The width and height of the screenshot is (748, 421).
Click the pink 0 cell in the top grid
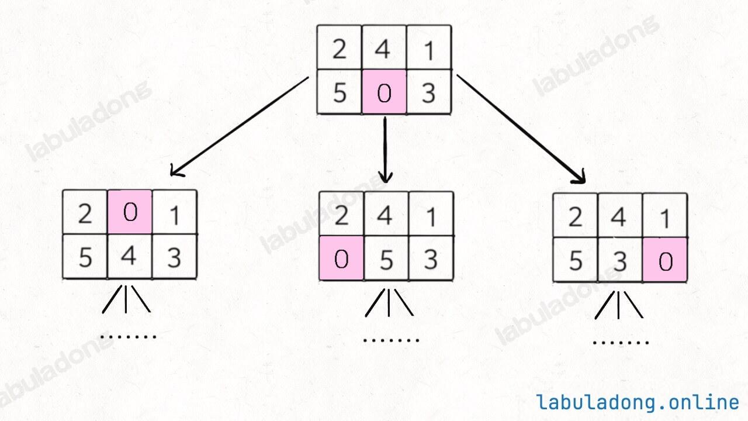pos(384,92)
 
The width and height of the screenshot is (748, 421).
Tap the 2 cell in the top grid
pos(340,47)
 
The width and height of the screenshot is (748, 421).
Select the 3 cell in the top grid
pos(429,92)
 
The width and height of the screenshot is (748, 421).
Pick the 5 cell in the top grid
pos(340,92)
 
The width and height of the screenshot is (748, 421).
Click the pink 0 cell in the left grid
pos(130,212)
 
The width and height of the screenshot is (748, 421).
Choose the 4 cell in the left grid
pos(130,256)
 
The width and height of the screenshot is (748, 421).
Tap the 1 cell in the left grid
pos(174,212)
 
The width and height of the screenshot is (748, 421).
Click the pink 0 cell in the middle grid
pos(341,258)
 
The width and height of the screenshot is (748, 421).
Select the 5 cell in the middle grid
pos(386,258)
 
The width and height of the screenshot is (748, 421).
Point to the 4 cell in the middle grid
pos(386,214)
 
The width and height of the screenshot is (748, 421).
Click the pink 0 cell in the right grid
pos(665,260)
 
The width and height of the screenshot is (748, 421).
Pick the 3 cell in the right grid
pos(620,260)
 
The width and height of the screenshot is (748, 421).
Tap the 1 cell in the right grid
pos(665,216)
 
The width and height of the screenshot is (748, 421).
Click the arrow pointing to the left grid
pos(240,126)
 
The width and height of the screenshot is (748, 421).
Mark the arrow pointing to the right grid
pos(521,129)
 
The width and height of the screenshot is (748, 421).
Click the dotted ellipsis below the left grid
pos(129,336)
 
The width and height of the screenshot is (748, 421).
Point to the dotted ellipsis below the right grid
pos(621,343)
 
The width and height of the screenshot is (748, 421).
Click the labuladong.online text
pos(638,402)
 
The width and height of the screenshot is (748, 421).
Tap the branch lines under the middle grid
pos(389,302)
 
